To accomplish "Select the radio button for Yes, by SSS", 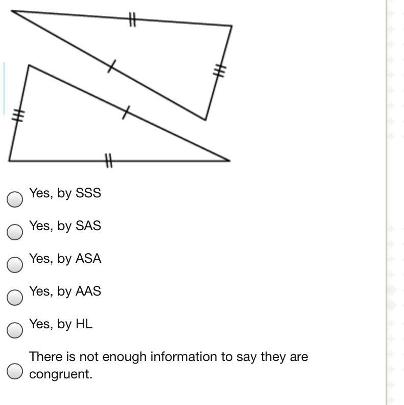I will point(15,199).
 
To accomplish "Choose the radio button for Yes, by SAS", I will point(15,232).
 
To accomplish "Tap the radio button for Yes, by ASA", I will point(15,265).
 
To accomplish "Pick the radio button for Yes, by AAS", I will point(15,298).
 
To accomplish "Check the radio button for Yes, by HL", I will point(15,330).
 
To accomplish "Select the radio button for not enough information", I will point(15,371).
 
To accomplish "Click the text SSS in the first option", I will point(88,193).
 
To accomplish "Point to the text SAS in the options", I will point(88,226).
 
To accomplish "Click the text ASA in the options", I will point(88,259).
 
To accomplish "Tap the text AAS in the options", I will point(88,291).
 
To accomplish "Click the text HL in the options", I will point(84,324).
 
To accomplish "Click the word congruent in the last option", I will point(61,374).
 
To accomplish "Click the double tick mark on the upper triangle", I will point(132,20).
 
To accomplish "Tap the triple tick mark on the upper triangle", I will point(220,71).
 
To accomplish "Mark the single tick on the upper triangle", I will point(111,66).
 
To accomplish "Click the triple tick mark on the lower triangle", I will point(18,116).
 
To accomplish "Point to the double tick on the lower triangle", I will point(108,161).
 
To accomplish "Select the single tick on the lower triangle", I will point(126,112).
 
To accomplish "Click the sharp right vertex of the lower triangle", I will point(229,160).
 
